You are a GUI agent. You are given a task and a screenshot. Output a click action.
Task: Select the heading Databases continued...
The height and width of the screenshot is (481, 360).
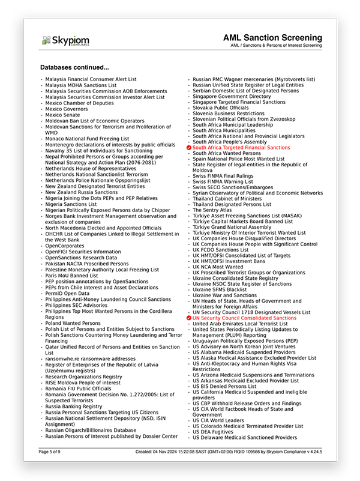click(x=74, y=67)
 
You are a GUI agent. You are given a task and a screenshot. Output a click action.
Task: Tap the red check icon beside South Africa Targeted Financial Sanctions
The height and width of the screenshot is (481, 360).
click(x=189, y=147)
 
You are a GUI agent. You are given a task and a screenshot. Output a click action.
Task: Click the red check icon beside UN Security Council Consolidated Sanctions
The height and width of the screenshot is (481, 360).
click(x=189, y=318)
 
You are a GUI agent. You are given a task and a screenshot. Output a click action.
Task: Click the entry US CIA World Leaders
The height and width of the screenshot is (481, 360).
click(x=218, y=420)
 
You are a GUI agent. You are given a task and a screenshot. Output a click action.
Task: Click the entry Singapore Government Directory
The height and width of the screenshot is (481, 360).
click(x=232, y=96)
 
